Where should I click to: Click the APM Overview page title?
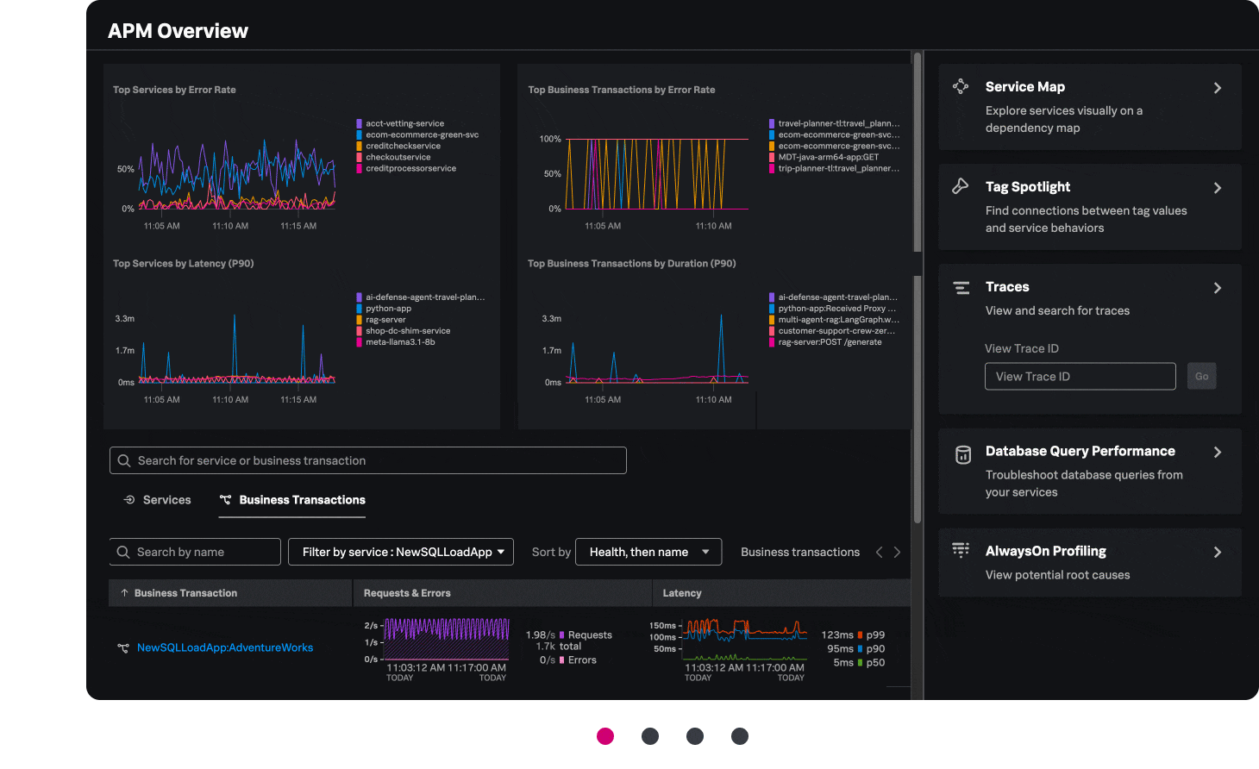(x=178, y=31)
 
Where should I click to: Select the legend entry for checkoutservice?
(x=398, y=157)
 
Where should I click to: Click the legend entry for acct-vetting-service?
(x=404, y=123)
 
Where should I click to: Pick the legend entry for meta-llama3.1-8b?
(x=400, y=342)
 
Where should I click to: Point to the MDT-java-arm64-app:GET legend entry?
(x=828, y=157)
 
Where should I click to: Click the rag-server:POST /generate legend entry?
(x=830, y=342)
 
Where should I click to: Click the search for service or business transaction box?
(x=368, y=460)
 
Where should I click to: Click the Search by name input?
(x=196, y=552)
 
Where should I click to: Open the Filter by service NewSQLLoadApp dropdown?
(x=401, y=552)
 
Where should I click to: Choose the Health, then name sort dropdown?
(x=648, y=552)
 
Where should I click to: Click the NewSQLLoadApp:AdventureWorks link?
(x=225, y=647)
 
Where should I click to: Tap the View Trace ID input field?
(x=1080, y=377)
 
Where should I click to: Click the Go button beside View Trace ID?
(x=1201, y=377)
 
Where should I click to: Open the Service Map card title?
(x=1024, y=87)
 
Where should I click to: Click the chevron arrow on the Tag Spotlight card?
(x=1218, y=188)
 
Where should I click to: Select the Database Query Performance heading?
(x=1080, y=451)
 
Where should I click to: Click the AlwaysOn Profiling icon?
(x=961, y=550)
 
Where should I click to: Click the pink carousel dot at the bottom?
(x=605, y=735)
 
